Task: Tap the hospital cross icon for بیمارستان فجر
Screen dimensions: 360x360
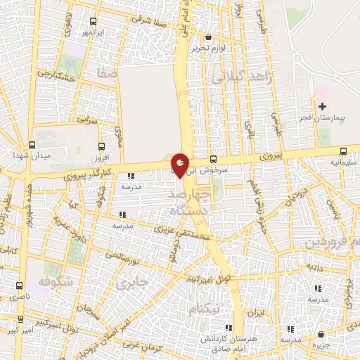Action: pyautogui.click(x=322, y=107)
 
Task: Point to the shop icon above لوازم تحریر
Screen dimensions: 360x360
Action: pyautogui.click(x=207, y=37)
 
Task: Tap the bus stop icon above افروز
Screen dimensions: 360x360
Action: pyautogui.click(x=102, y=147)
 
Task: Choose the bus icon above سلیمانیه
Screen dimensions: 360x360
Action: pyautogui.click(x=343, y=151)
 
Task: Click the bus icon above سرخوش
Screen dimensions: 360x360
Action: pyautogui.click(x=213, y=159)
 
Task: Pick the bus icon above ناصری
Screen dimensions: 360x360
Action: pyautogui.click(x=19, y=285)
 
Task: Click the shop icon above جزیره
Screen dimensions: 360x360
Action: pyautogui.click(x=321, y=334)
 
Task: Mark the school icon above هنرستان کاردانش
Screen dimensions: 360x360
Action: pyautogui.click(x=227, y=328)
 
